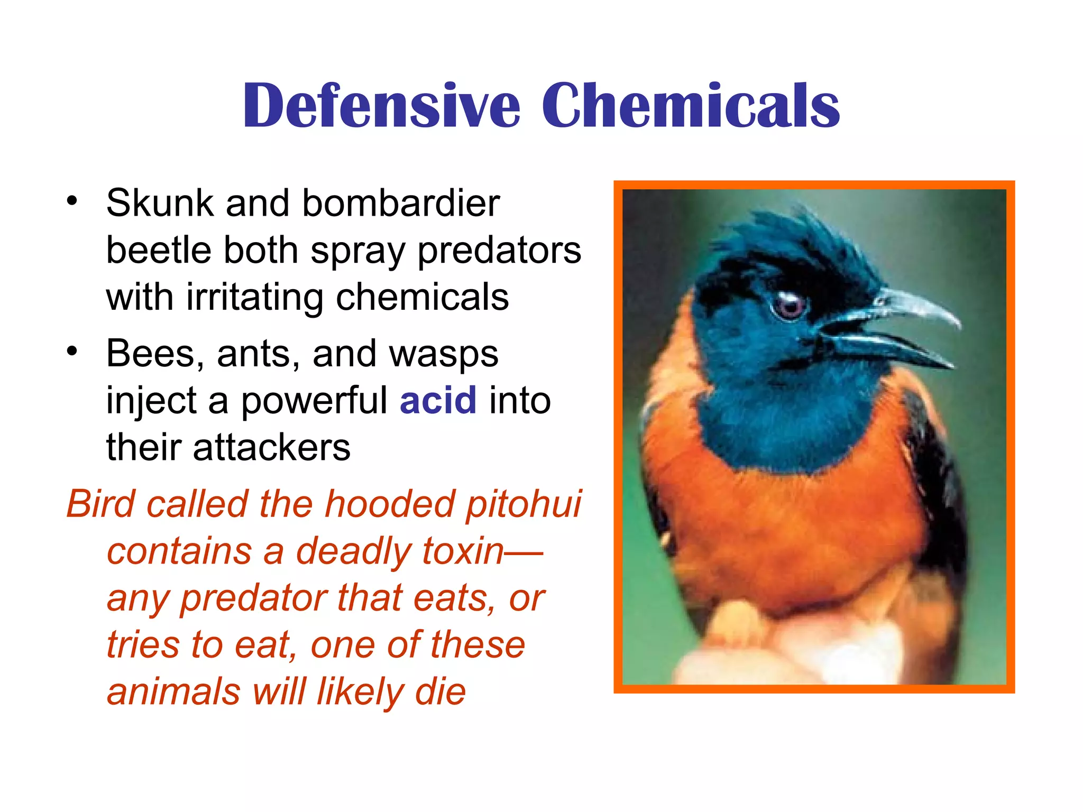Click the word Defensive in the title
pyautogui.click(x=381, y=106)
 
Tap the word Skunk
pyautogui.click(x=159, y=203)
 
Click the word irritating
pyautogui.click(x=254, y=297)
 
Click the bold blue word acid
pyautogui.click(x=438, y=400)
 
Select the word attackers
pyautogui.click(x=271, y=447)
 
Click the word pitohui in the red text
pyautogui.click(x=524, y=504)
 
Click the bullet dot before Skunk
pyautogui.click(x=72, y=201)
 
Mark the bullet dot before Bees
pyautogui.click(x=72, y=351)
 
